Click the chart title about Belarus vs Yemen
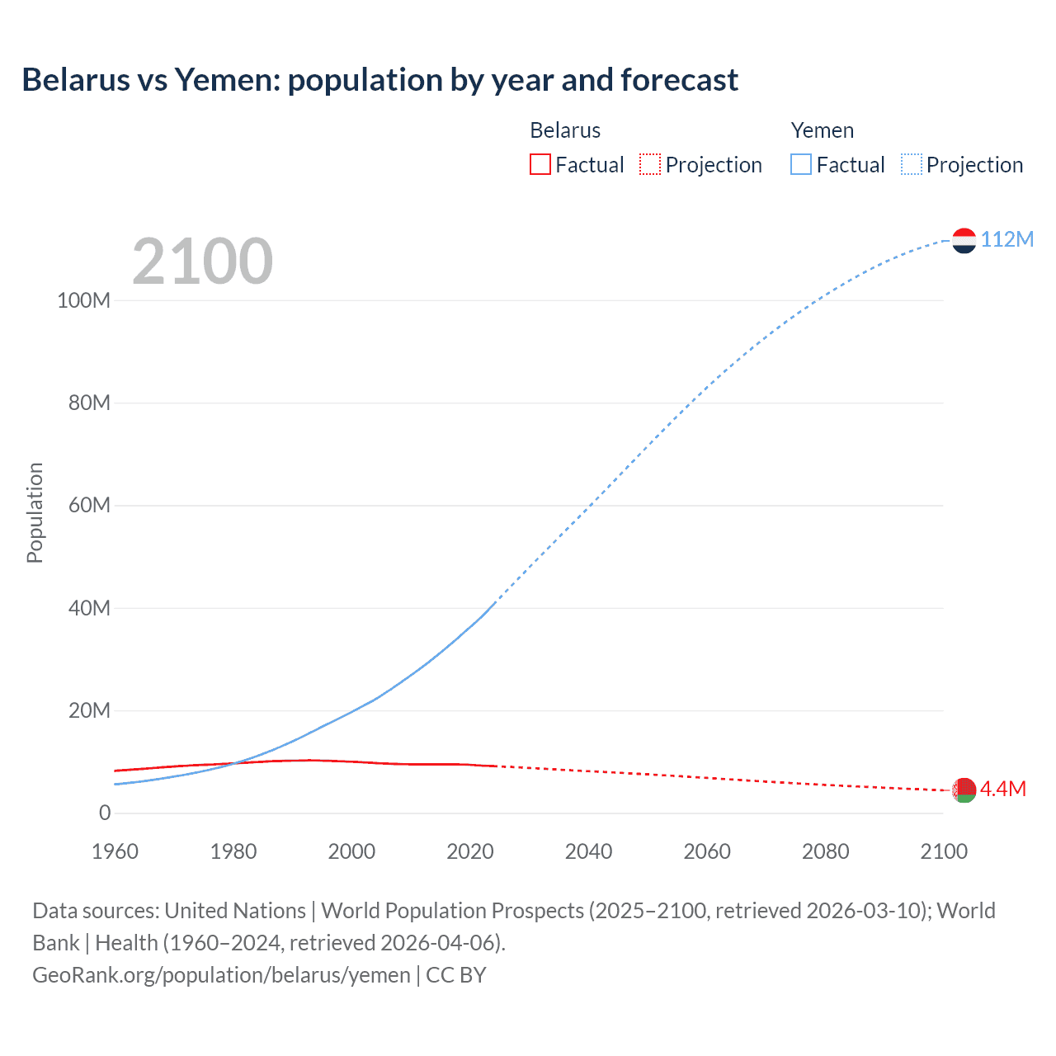point(379,80)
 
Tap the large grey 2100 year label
point(202,261)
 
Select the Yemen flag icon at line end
point(964,240)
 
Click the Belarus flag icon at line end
point(964,790)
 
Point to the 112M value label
point(1006,239)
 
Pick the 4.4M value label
point(1002,789)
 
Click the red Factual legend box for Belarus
point(540,164)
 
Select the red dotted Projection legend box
point(650,164)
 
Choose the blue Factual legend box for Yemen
point(800,164)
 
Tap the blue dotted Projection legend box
point(911,164)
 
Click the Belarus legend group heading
point(565,130)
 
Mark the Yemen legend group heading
point(822,130)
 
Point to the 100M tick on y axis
point(83,300)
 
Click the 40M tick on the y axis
point(89,608)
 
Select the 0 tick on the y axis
point(104,813)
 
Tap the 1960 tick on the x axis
point(115,851)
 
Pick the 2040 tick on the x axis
point(588,851)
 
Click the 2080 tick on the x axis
point(825,851)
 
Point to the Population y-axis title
point(35,512)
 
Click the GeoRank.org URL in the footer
point(221,975)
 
